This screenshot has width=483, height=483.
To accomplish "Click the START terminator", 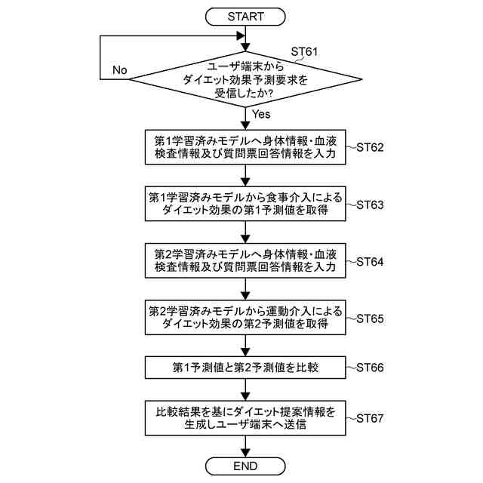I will click(x=245, y=15).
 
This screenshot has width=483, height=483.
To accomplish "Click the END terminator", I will click(x=245, y=465).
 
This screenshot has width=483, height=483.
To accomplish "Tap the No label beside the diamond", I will click(x=119, y=70).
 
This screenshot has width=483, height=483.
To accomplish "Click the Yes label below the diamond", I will click(x=261, y=115).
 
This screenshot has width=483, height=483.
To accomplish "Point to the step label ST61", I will click(x=304, y=52).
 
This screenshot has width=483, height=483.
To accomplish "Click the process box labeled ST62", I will click(x=245, y=147).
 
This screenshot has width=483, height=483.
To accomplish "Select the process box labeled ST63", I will click(x=245, y=205).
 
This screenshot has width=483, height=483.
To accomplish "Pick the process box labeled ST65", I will click(x=245, y=317).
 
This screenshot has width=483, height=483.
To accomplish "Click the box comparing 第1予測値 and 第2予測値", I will click(x=245, y=368).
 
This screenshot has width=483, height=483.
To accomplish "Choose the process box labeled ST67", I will click(x=245, y=418).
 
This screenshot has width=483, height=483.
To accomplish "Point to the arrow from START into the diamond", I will click(x=245, y=35).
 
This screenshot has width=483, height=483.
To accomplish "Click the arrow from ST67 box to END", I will click(x=245, y=446).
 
